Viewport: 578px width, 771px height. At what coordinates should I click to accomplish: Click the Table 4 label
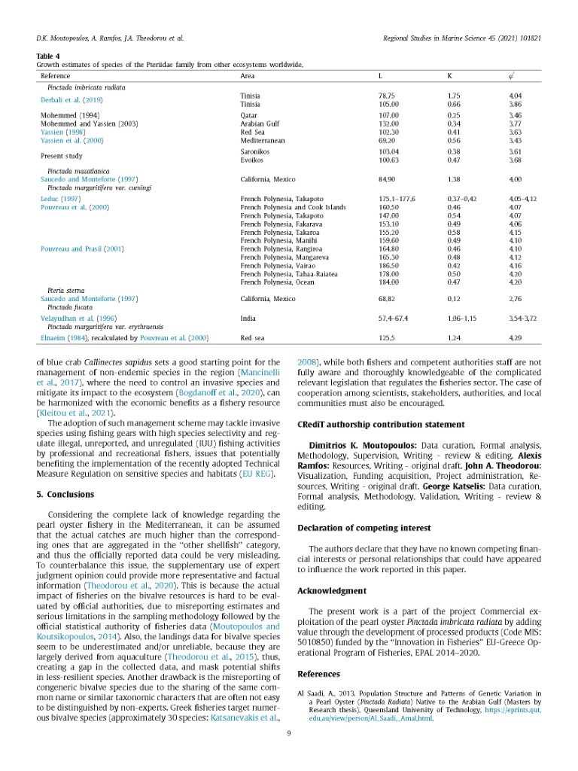point(49,55)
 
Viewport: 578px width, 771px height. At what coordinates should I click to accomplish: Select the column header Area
point(247,76)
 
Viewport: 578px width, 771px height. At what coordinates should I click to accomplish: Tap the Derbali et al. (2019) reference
point(71,100)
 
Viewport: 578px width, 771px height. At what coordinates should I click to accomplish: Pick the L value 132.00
point(388,123)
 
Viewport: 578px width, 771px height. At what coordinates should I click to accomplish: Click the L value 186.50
point(388,266)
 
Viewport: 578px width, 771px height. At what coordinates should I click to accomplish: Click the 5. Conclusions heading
point(65,495)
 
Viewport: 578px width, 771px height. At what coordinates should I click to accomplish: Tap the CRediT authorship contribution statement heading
point(376,425)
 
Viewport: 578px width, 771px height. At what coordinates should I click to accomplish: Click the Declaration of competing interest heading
point(364,528)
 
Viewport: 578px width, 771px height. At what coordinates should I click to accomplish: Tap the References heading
point(319,673)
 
